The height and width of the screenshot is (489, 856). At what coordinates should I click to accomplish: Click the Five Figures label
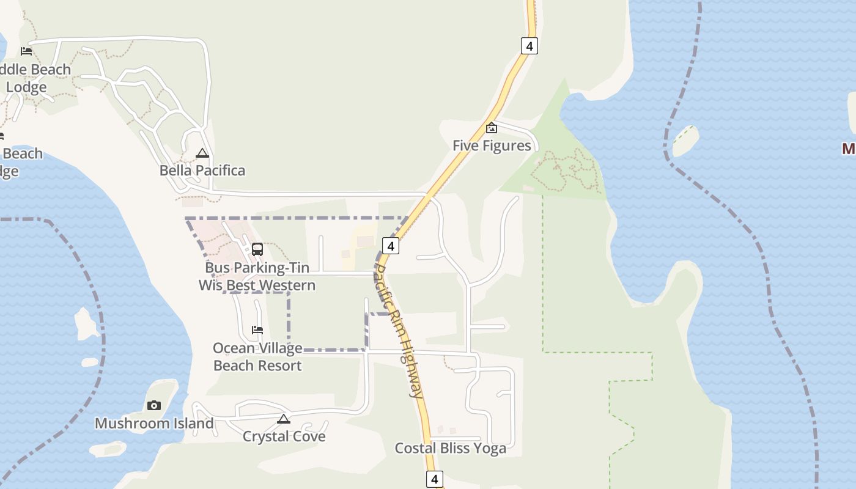tap(492, 145)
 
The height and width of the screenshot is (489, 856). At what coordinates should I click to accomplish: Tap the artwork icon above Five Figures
tap(491, 128)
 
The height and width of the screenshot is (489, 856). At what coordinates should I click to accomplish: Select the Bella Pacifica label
tap(202, 171)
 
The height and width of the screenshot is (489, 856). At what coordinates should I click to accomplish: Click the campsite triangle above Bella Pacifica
tap(202, 153)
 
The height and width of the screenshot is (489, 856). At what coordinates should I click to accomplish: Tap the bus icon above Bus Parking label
tap(257, 249)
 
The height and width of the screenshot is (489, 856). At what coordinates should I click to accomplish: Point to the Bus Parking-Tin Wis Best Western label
tap(257, 276)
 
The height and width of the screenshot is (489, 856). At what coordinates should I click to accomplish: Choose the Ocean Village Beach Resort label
tap(257, 357)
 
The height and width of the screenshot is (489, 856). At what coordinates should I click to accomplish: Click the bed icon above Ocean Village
tap(257, 330)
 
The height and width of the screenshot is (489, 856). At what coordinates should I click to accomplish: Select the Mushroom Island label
tap(154, 423)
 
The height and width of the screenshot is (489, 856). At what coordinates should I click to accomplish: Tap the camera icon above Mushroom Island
tap(153, 405)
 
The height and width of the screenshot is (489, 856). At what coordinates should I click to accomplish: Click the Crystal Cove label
tap(284, 436)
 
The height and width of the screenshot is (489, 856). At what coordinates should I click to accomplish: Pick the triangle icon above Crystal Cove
tap(283, 419)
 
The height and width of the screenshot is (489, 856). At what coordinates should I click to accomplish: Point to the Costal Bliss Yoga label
tap(451, 448)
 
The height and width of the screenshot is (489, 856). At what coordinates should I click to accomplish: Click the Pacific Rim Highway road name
tap(399, 330)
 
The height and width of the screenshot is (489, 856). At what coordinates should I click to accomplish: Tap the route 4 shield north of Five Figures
tap(529, 45)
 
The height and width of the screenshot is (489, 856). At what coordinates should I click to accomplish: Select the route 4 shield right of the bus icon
tap(391, 246)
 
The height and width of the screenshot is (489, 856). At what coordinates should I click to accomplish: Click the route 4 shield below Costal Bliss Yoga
tap(434, 479)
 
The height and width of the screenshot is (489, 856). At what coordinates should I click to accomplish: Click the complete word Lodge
tap(26, 87)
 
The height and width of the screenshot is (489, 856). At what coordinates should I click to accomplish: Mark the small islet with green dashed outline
tap(685, 141)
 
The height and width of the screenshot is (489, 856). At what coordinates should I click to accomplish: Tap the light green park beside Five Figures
tap(563, 165)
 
